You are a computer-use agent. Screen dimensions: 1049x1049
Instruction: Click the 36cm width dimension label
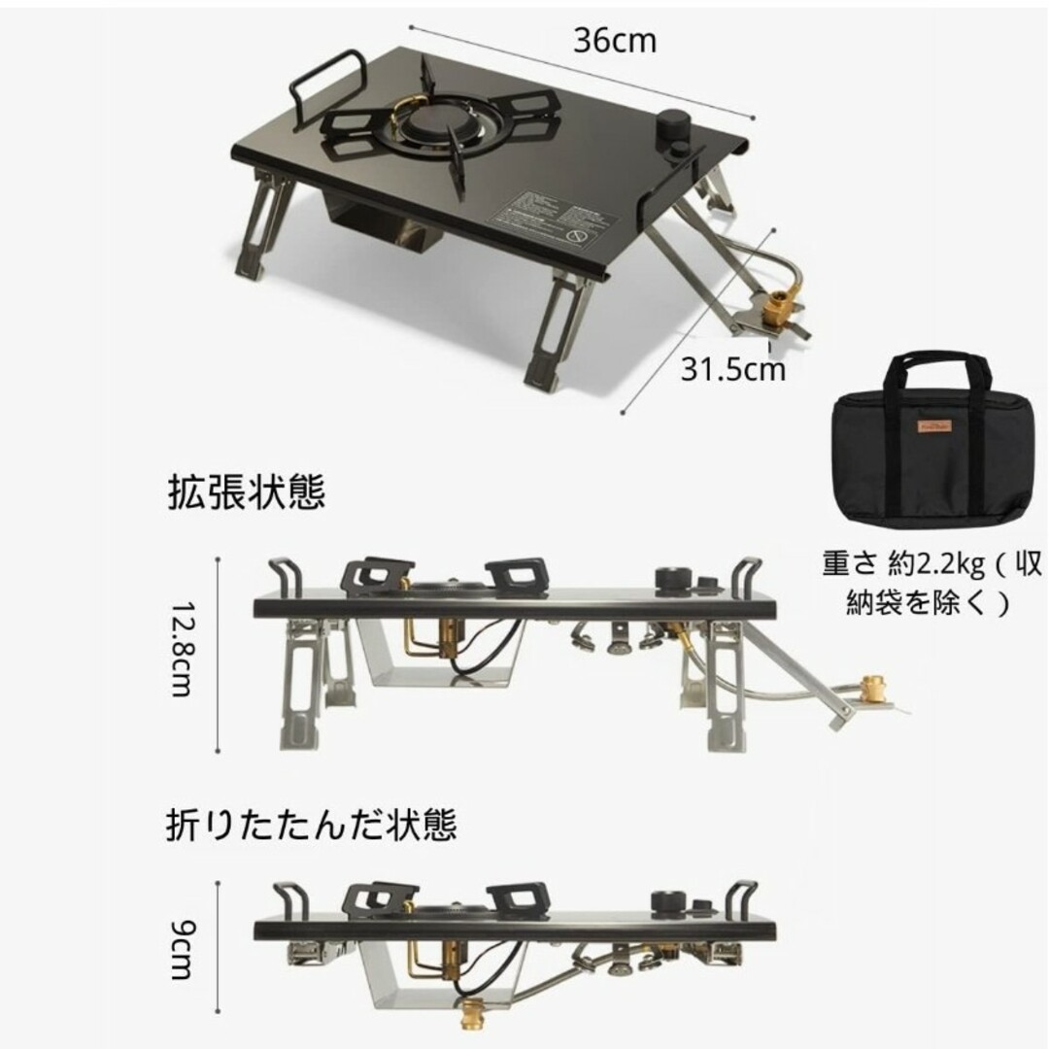click(x=614, y=42)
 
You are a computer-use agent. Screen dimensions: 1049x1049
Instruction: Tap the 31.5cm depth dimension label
click(x=731, y=369)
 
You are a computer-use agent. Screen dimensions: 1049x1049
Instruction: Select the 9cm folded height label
click(x=181, y=936)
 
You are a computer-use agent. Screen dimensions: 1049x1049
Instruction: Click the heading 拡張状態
click(x=245, y=493)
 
